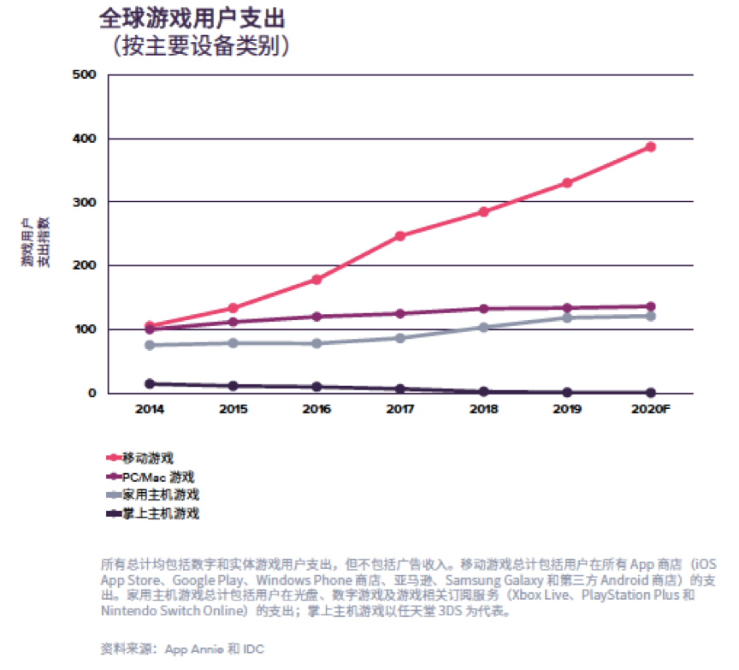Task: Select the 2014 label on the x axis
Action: (150, 408)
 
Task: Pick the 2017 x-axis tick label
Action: (399, 408)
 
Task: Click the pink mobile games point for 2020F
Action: (650, 147)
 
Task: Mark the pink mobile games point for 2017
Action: (399, 236)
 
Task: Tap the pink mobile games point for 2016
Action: (316, 280)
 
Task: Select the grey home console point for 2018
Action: (483, 327)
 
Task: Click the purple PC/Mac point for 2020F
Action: (650, 306)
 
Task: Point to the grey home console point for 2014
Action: (150, 345)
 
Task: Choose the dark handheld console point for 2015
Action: (233, 386)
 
